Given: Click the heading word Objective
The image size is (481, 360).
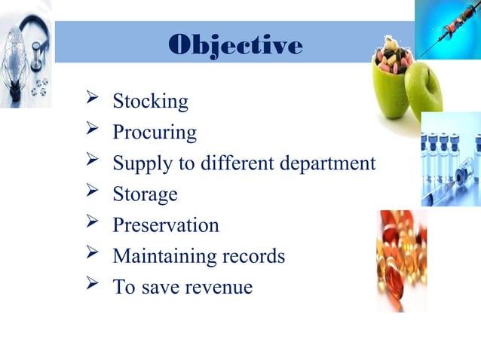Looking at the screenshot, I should pyautogui.click(x=236, y=45).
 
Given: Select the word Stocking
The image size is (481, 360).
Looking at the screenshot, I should pyautogui.click(x=150, y=101).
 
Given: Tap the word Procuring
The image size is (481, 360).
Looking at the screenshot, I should pyautogui.click(x=155, y=133).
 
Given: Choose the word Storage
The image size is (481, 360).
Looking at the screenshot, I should pyautogui.click(x=145, y=194).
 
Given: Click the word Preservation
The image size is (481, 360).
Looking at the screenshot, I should pyautogui.click(x=166, y=225).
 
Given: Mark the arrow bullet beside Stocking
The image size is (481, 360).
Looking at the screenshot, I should pyautogui.click(x=94, y=100).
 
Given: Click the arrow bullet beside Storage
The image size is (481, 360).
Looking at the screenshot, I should pyautogui.click(x=94, y=194).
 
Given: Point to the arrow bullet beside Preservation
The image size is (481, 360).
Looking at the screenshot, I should pyautogui.click(x=94, y=224).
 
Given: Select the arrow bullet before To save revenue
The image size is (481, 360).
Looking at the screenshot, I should pyautogui.click(x=94, y=286).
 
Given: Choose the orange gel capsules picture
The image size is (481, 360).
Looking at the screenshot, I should pyautogui.click(x=402, y=260).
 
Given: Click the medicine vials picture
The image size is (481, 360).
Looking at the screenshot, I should pyautogui.click(x=451, y=158).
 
